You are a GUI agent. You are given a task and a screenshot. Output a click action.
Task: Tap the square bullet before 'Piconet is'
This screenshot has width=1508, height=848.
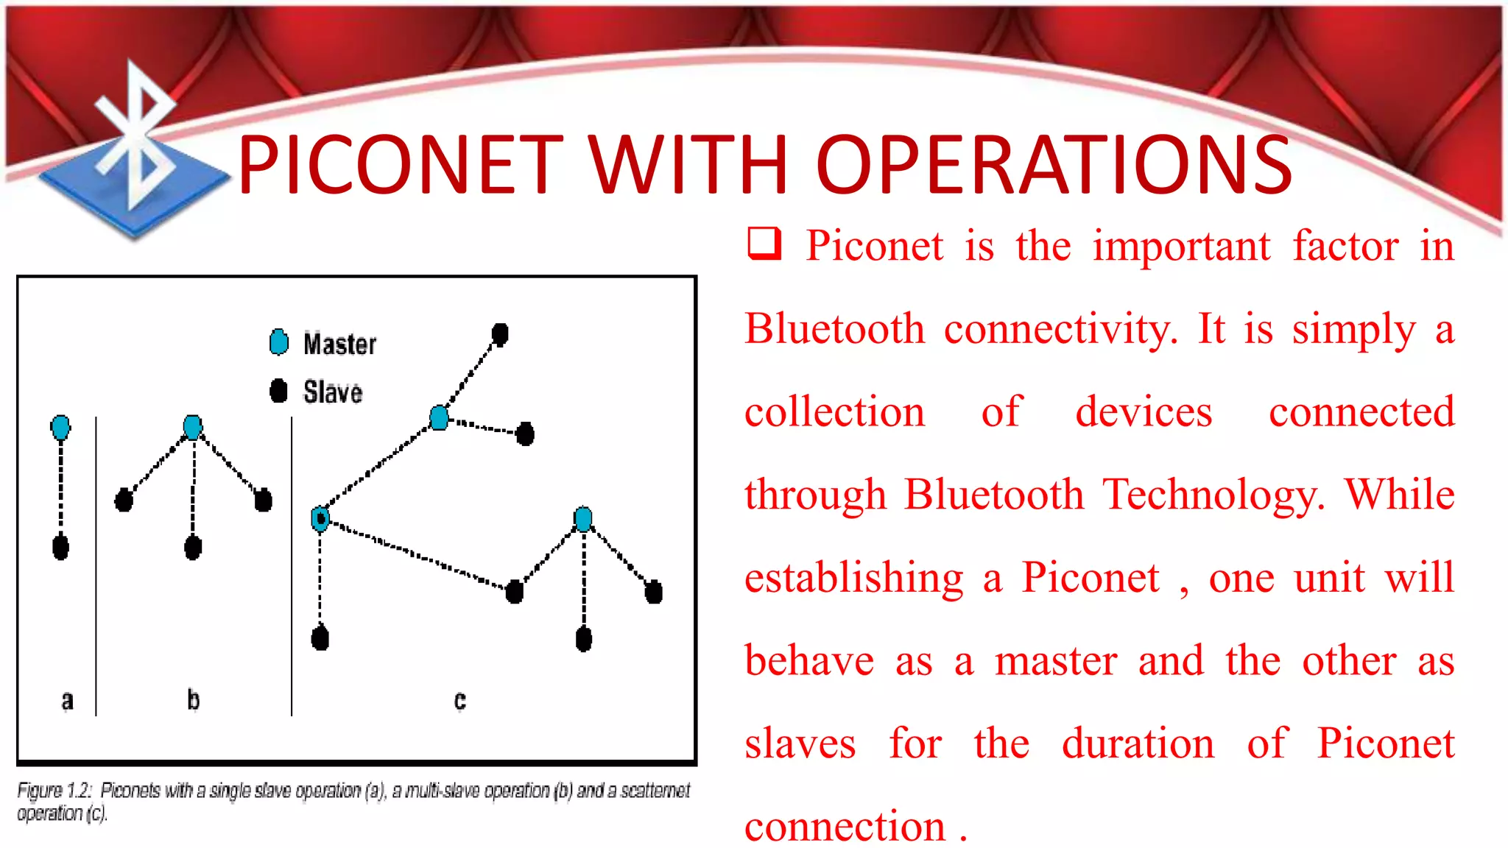click(764, 244)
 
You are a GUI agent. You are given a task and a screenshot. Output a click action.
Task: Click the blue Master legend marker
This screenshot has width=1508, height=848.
click(279, 342)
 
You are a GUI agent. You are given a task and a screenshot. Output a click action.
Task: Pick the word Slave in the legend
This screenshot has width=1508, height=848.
click(333, 392)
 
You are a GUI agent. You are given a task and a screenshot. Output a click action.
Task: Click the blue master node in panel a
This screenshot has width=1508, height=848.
click(60, 427)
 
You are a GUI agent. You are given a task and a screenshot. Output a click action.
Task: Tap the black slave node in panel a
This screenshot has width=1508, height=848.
click(60, 547)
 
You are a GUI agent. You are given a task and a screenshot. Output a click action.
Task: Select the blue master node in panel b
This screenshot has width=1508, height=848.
click(192, 427)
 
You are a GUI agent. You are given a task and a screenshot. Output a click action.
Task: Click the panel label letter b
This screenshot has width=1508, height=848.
click(193, 699)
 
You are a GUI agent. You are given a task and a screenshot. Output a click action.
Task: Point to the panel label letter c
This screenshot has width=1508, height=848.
click(459, 700)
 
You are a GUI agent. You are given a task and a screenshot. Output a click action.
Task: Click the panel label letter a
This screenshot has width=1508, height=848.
click(67, 700)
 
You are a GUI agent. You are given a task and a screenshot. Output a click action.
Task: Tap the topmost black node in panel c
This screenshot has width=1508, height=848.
click(500, 334)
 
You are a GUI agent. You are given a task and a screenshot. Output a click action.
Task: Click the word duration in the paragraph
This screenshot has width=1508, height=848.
click(1138, 743)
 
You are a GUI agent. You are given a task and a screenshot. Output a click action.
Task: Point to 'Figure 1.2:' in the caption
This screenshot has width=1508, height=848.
click(54, 791)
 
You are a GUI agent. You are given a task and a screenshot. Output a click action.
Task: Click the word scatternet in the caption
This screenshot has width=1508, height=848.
click(655, 791)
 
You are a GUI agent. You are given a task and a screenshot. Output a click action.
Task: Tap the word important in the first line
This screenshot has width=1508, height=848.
click(1181, 246)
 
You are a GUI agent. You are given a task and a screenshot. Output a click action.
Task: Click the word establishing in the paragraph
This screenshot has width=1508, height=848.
click(853, 578)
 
